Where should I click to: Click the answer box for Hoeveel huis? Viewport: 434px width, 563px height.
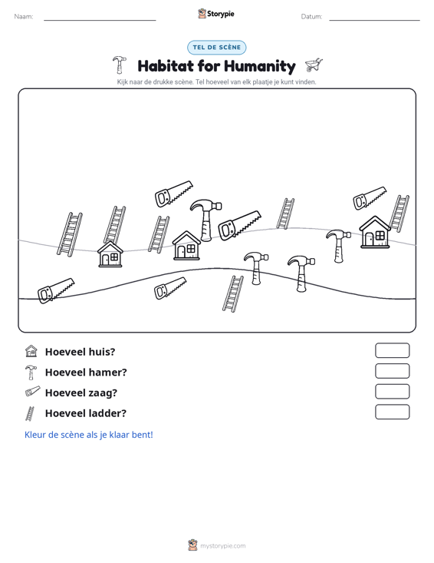click(x=392, y=350)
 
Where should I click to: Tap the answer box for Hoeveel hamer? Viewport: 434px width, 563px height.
click(x=392, y=371)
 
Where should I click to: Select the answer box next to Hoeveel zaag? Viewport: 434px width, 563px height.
click(x=392, y=392)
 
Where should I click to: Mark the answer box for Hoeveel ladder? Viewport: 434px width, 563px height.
click(x=392, y=412)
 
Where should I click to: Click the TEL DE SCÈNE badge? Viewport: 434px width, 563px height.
click(x=216, y=48)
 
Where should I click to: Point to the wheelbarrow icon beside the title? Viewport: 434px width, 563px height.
click(x=314, y=65)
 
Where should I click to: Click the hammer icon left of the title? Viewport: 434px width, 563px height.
click(x=120, y=65)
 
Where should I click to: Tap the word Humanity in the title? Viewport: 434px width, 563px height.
click(x=260, y=66)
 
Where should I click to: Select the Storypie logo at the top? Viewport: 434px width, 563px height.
click(x=216, y=14)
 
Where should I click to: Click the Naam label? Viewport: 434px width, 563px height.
click(x=24, y=17)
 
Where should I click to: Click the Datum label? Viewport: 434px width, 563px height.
click(x=311, y=17)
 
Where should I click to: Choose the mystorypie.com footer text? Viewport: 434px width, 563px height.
click(x=222, y=546)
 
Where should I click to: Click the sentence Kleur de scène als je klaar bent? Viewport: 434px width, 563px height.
click(x=88, y=435)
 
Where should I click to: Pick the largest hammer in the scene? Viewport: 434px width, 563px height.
click(x=205, y=220)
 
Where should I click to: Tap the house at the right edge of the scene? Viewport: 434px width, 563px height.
click(x=375, y=232)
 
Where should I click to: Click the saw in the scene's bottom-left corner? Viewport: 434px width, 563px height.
click(x=56, y=290)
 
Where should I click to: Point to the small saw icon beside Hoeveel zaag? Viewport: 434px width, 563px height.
click(x=33, y=392)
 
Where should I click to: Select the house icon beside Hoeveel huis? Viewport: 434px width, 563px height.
click(x=31, y=351)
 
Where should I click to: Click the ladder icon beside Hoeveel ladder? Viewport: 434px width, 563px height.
click(x=30, y=413)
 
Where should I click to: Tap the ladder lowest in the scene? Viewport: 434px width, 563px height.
click(x=233, y=293)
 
